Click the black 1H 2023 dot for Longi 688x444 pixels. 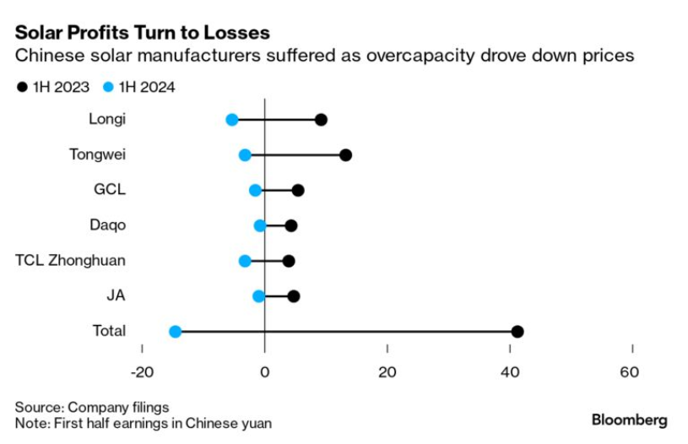coord(321,120)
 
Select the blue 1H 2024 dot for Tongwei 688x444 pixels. coord(245,154)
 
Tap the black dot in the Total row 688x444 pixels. coord(517,332)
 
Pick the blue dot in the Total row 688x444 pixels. coord(175,332)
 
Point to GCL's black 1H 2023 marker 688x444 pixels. coord(298,191)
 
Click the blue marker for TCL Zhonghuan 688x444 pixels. coord(245,261)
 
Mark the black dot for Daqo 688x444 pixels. coord(291,226)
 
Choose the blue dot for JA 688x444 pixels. coord(259,296)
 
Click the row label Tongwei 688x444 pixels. coord(97,154)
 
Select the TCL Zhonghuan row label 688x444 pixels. coord(70,260)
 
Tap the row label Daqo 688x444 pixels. coord(107,225)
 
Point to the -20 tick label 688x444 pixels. coord(142,372)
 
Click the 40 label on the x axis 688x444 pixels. coord(510,372)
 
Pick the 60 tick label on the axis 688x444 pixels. coord(629,372)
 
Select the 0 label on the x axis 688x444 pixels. coord(264,372)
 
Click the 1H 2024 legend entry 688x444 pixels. coord(139,87)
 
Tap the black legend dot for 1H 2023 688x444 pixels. coord(22,87)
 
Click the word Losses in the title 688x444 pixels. coord(233,33)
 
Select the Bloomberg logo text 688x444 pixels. coord(629,420)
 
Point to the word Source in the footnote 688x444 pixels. coord(40,407)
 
